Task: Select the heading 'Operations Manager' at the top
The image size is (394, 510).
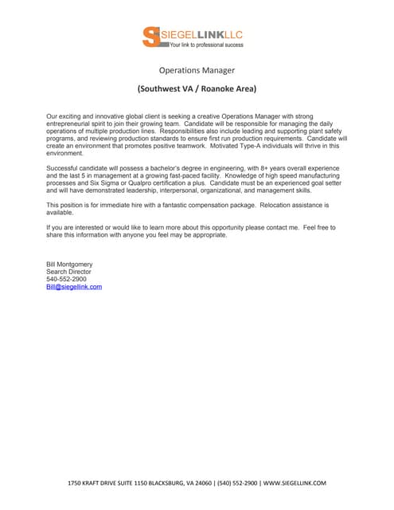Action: pos(197,70)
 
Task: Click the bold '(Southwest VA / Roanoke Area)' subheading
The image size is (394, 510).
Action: pos(197,88)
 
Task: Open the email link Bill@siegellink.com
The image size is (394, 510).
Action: pos(74,287)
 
